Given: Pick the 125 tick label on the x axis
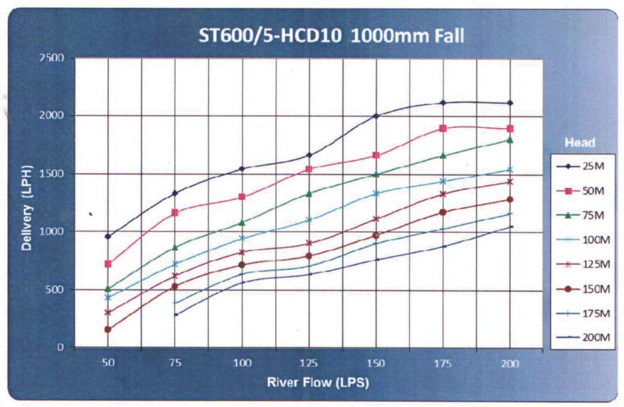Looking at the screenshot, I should click(308, 363).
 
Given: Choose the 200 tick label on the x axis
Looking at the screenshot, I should click(509, 363).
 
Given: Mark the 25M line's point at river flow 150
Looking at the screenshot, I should click(376, 116).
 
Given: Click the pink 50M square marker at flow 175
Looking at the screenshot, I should click(443, 129).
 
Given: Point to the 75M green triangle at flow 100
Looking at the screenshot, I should click(242, 223).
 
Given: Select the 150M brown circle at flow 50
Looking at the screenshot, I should click(108, 329).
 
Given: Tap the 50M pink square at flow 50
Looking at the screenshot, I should click(108, 264).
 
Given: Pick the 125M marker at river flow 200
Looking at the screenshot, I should click(509, 182).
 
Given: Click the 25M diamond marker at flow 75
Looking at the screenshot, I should click(175, 193).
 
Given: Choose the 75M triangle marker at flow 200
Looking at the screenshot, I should click(509, 140).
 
